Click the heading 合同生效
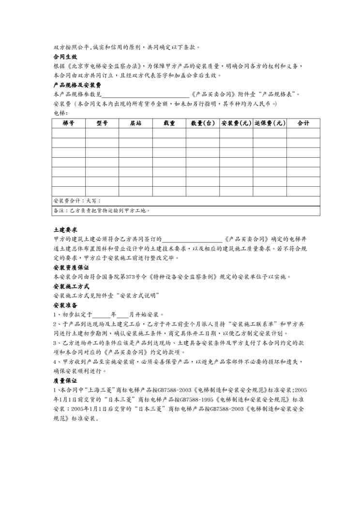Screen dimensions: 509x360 65,57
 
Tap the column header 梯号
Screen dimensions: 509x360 68,123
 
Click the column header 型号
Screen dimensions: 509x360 102,123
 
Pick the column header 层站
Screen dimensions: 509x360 135,123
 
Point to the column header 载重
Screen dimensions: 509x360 169,123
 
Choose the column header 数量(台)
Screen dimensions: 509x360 202,123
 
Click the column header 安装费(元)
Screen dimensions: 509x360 236,123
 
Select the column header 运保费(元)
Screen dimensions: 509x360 269,123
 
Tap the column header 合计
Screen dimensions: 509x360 303,123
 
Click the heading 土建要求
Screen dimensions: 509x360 65,229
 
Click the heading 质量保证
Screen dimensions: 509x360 65,381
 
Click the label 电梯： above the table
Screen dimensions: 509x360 59,113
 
